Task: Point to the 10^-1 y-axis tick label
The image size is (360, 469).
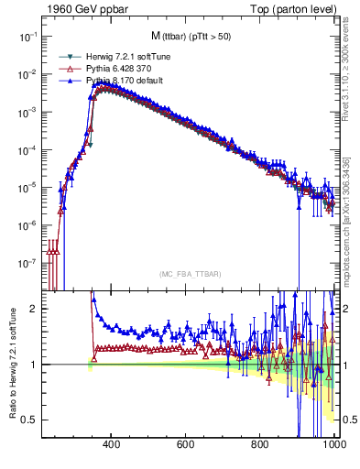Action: point(27,36)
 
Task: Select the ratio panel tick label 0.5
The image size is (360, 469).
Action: point(29,420)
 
